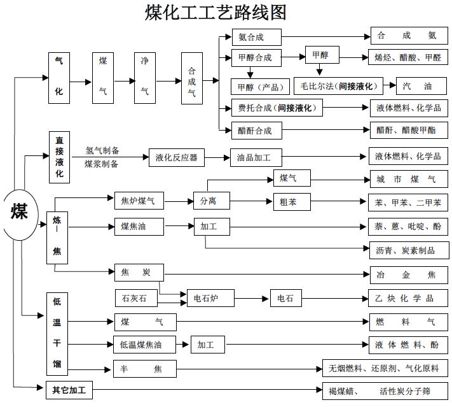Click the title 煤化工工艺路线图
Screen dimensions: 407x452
click(216, 13)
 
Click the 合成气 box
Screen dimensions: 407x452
click(191, 81)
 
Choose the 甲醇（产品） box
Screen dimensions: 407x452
click(261, 85)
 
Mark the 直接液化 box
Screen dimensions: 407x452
click(59, 156)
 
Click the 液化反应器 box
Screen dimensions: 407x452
click(176, 157)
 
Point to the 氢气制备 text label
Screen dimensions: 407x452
click(102, 151)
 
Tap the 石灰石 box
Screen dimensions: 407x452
click(134, 297)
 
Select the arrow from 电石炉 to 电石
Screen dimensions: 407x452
click(252, 297)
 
